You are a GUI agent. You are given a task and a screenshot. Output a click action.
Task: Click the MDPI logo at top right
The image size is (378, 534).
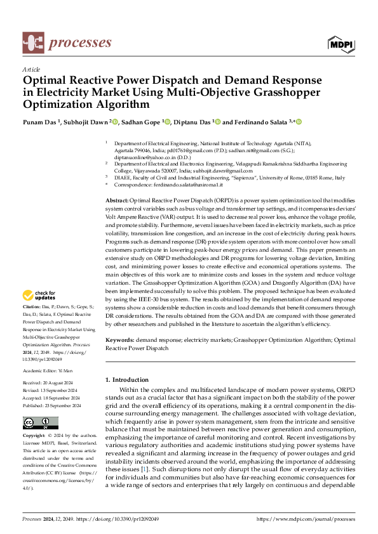tap(341, 43)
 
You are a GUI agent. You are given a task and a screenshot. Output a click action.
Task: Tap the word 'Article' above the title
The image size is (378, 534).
tap(31, 69)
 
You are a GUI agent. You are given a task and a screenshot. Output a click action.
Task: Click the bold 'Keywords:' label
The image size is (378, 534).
tap(121, 340)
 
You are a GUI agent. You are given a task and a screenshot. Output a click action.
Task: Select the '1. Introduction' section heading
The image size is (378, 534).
tap(127, 380)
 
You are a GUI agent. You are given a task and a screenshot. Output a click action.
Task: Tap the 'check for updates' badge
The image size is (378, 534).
tap(39, 296)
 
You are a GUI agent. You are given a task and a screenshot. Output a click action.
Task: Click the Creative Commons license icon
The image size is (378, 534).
tap(40, 423)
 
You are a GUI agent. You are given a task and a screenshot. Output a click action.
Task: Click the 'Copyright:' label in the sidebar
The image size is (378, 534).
tap(34, 436)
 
